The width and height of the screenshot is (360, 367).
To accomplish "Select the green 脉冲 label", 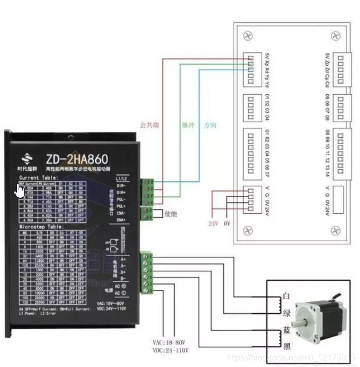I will (187, 125).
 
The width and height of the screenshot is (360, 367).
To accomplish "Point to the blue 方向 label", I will (210, 125).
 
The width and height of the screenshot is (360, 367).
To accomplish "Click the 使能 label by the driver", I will (171, 213).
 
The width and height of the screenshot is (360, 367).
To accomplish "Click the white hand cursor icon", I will (20, 191).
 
